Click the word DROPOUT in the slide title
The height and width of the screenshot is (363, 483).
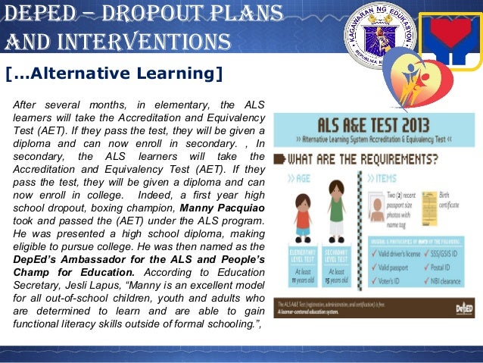(132, 13)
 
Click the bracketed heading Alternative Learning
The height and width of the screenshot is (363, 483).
(114, 74)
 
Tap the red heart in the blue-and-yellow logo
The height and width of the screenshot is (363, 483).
(451, 34)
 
